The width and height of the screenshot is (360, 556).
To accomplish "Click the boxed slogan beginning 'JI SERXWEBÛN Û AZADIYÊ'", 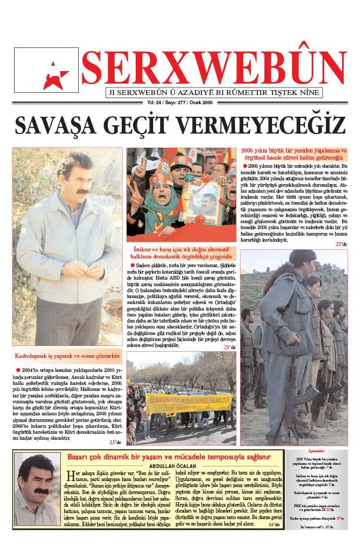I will coord(214,92).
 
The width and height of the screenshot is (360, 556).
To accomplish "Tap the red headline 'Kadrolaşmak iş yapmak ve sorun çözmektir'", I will coord(67,356).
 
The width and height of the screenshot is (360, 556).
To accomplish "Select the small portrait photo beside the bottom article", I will coord(37,489).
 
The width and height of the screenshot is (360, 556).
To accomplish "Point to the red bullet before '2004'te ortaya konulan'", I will coord(17,369).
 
